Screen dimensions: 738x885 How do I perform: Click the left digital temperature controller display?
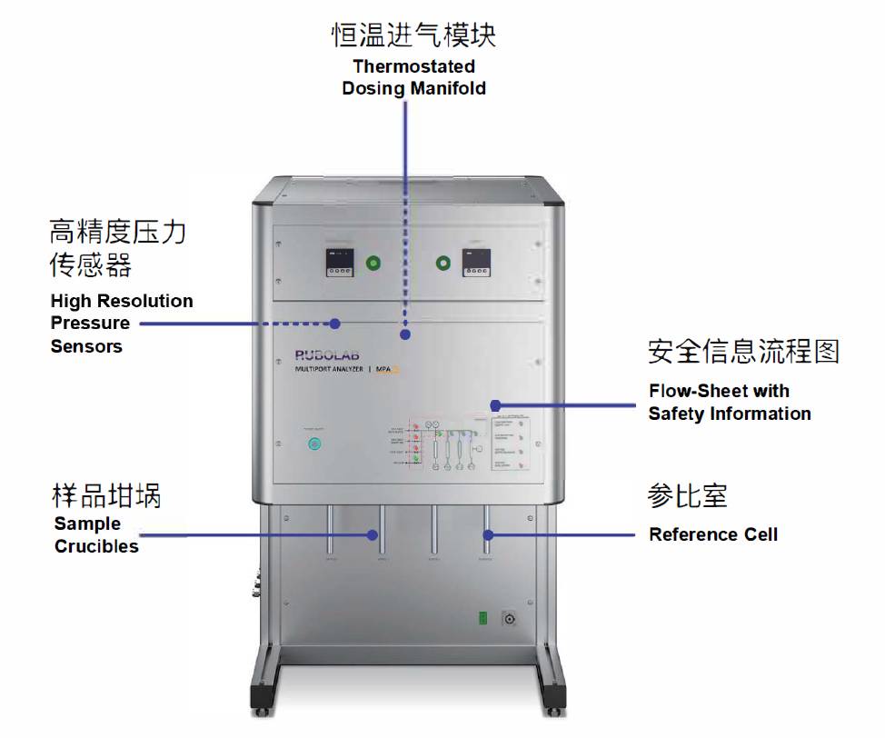340,263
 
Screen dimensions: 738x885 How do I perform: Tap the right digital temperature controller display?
475,263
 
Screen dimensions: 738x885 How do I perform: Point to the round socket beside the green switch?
510,619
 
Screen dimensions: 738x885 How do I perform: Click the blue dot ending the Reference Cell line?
487,534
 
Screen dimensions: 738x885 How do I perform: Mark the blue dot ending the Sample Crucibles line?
373,535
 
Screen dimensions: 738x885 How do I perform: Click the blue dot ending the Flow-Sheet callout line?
495,404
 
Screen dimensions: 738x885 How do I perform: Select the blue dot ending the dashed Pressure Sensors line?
335,323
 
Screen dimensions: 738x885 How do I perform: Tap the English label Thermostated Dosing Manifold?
413,77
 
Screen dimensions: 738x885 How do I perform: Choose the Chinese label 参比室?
687,496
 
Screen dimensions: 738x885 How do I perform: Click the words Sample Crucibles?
96,534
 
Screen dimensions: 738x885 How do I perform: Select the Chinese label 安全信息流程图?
743,351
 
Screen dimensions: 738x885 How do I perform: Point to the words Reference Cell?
713,534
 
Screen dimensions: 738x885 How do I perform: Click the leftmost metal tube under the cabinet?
330,532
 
